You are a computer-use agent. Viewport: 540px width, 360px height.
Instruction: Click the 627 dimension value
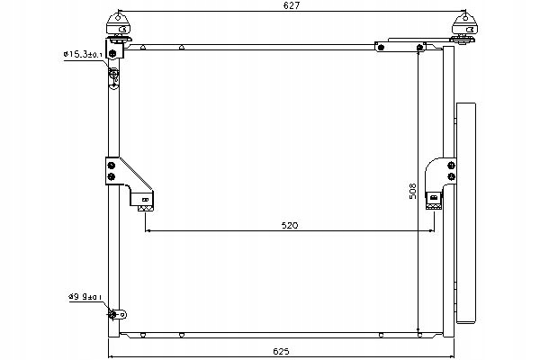click(292, 5)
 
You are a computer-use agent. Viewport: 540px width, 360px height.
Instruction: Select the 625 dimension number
click(281, 351)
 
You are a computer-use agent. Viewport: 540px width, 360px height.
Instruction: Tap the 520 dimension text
click(290, 225)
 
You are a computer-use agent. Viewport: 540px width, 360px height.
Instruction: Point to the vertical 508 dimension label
click(412, 191)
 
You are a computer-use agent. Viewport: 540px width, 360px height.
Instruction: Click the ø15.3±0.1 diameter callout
click(83, 54)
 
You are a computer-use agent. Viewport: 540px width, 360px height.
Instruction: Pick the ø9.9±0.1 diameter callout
click(85, 296)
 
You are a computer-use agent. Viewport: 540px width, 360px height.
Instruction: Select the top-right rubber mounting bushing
click(464, 28)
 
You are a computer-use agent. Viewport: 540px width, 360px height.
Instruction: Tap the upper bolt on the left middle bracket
click(112, 166)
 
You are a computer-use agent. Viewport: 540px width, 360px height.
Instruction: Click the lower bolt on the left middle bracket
click(112, 176)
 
